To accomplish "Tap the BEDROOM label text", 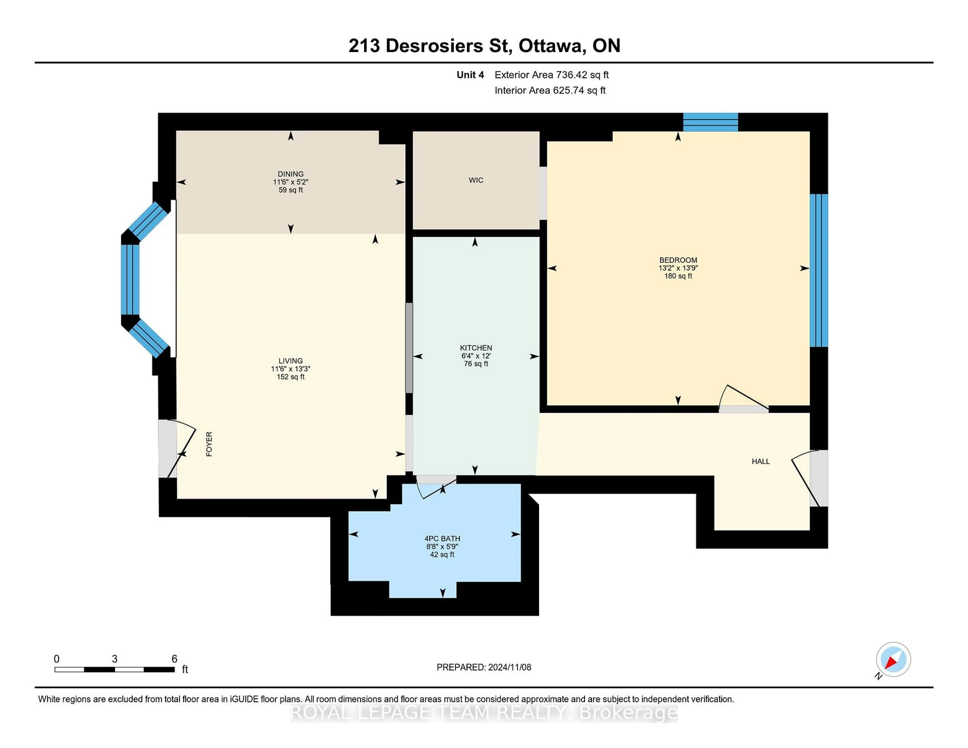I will (x=678, y=260).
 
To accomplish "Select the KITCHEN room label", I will (x=476, y=348).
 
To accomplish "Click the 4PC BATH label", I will (x=442, y=538).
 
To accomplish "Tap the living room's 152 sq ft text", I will (x=290, y=377).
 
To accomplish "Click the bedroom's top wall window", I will (x=710, y=122).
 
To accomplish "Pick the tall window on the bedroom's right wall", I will (x=818, y=270).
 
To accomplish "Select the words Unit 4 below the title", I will (x=470, y=75).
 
